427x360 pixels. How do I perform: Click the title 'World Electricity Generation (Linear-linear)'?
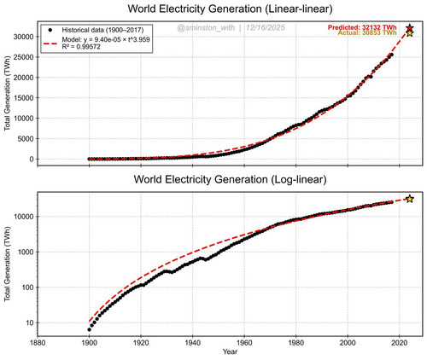pos(230,9)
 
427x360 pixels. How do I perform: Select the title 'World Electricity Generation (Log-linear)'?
pos(230,179)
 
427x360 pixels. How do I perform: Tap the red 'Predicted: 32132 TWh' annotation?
pos(362,27)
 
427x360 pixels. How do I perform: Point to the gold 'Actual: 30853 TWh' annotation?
pos(367,32)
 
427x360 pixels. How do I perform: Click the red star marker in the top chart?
pos(410,28)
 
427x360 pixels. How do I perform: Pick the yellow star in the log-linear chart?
pos(410,199)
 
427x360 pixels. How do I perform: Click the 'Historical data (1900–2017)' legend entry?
pos(102,30)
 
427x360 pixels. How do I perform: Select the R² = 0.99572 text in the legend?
pos(81,47)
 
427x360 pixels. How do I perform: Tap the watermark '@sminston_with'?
pos(206,27)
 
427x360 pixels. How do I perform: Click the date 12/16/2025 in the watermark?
pos(266,27)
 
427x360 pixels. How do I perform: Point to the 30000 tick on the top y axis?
pos(24,37)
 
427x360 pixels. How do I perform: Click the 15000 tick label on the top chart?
pos(24,98)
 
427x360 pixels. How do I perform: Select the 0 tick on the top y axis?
pos(32,160)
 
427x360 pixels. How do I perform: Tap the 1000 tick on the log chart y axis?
pos(26,252)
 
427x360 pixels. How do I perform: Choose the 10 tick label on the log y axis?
pos(30,322)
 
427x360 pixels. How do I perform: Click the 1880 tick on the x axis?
pos(38,343)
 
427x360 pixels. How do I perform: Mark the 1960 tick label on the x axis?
pos(244,343)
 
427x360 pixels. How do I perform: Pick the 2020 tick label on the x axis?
pos(400,343)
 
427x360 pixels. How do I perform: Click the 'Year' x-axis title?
pos(230,351)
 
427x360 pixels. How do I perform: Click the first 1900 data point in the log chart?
pos(90,329)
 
